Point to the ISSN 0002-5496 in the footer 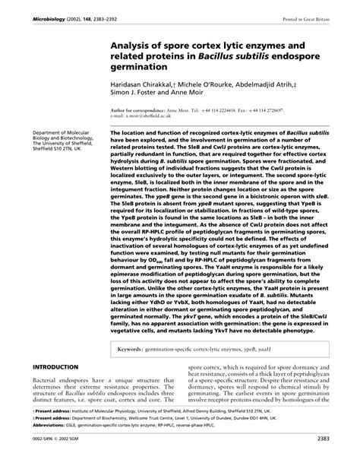[x=46, y=459]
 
